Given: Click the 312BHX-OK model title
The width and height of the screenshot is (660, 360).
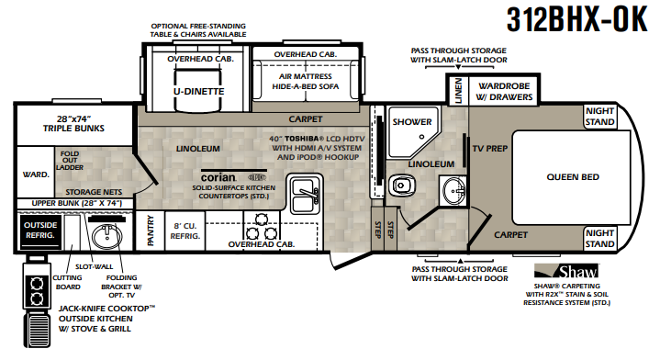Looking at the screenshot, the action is tap(576, 19).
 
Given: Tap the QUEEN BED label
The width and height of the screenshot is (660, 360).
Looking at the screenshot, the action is tap(573, 177).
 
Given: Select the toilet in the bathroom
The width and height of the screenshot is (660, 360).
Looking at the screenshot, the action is tap(401, 186).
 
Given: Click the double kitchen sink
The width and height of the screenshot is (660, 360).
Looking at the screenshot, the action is tap(305, 196).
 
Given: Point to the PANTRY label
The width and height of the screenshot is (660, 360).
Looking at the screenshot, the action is tap(151, 231).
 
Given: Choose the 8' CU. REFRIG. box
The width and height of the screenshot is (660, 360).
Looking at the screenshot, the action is tap(185, 231).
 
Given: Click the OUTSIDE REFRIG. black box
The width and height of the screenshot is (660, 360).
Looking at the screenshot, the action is tap(40, 231).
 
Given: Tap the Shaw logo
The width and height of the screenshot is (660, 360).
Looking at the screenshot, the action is tap(566, 272).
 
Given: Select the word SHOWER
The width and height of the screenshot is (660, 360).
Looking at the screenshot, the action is tap(412, 122).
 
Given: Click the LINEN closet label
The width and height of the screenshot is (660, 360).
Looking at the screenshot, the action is tap(458, 91).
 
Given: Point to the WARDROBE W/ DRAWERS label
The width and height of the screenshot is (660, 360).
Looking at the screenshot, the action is tap(504, 91).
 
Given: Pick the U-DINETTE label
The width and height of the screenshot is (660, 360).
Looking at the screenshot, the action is tap(198, 91).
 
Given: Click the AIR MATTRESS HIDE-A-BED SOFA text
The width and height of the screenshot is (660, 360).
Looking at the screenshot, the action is tap(305, 81).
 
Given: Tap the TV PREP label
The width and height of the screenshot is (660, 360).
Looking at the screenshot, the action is tap(490, 149).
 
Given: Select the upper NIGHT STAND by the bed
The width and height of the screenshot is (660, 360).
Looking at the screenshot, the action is tap(599, 117).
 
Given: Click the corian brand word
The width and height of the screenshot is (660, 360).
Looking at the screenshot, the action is tap(218, 177).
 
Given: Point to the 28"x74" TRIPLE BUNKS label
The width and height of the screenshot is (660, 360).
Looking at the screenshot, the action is tap(73, 124).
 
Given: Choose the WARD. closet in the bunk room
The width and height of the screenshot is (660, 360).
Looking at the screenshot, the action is tap(36, 174).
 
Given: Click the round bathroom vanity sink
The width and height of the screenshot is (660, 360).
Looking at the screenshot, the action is tap(453, 191).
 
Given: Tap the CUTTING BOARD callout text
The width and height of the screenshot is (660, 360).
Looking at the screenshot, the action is tap(67, 283).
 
